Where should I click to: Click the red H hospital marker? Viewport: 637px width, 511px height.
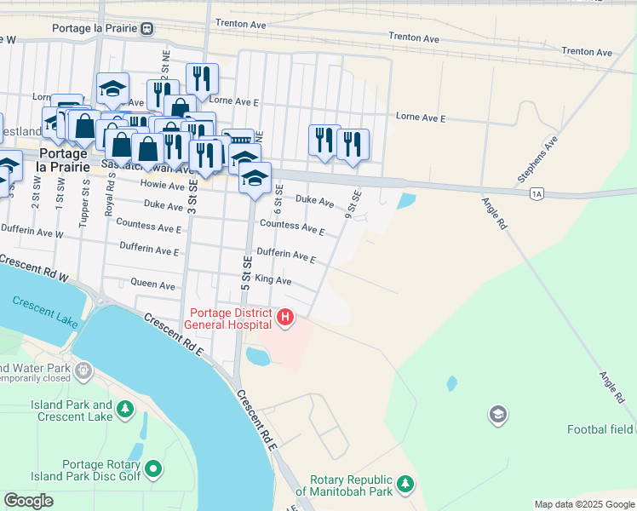(286, 319)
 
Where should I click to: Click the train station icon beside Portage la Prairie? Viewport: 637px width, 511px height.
(147, 28)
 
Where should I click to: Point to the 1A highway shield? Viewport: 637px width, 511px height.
(536, 194)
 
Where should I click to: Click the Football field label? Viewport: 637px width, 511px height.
(600, 429)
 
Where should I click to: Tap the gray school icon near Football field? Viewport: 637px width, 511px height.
(497, 415)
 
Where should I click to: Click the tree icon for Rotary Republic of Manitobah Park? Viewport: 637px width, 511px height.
(406, 485)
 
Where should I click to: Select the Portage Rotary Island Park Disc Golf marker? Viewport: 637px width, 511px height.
(153, 468)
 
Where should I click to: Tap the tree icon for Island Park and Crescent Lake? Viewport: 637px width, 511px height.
(126, 411)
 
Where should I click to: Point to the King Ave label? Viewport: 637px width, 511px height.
(273, 280)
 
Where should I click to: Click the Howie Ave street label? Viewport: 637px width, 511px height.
(164, 186)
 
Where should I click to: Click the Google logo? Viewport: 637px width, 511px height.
(29, 501)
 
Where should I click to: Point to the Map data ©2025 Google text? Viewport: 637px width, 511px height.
(583, 504)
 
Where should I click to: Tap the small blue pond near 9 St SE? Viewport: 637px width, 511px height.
(406, 201)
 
